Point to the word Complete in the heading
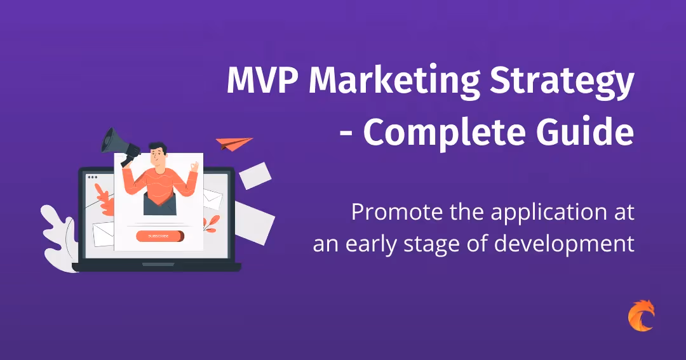click(450, 132)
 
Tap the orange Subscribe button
click(160, 236)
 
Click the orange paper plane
click(232, 143)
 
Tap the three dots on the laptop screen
click(93, 177)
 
